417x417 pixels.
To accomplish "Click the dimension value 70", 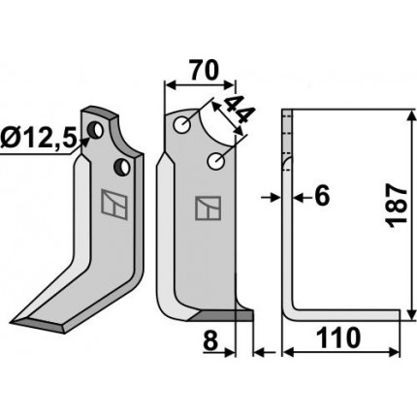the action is (x=204, y=70).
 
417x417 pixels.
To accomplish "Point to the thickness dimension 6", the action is (x=322, y=197).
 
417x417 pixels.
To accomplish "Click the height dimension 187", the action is (x=397, y=206).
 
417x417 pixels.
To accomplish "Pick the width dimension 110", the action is (x=338, y=337).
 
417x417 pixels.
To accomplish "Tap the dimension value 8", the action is (x=210, y=341).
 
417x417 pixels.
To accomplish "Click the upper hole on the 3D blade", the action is (x=96, y=129).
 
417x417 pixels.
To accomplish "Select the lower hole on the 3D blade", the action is (x=122, y=167).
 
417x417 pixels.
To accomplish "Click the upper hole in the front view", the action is (x=182, y=125).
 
